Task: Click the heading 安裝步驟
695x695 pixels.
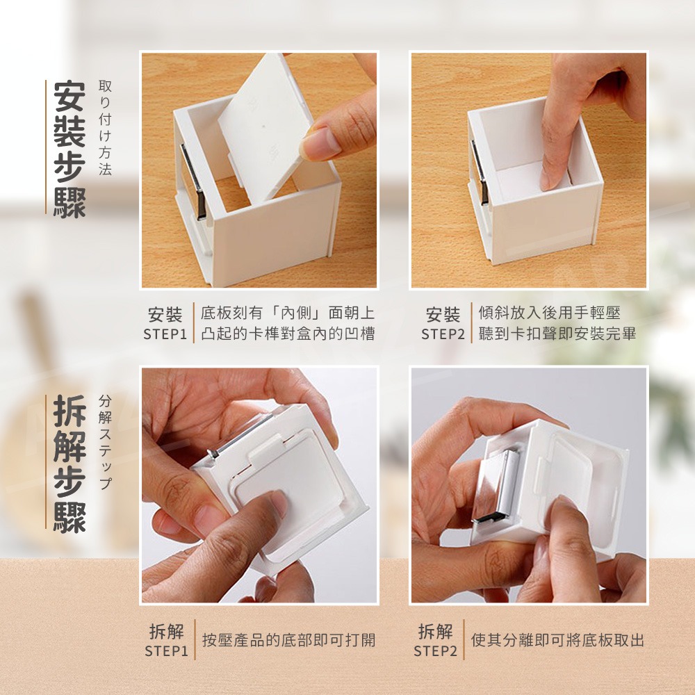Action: (69, 149)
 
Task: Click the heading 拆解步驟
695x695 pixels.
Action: (69, 464)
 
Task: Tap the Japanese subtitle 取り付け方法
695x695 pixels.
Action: (105, 128)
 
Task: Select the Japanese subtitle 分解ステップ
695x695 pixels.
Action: (105, 441)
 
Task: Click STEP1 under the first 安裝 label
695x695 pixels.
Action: (165, 334)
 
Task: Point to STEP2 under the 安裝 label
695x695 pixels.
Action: (443, 334)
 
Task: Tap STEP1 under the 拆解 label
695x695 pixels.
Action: (167, 651)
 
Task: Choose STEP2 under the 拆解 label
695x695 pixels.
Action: (435, 651)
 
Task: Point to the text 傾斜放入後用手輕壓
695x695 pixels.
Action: (550, 313)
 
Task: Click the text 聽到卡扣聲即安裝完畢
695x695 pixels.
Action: (557, 334)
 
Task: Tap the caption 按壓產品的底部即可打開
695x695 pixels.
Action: (289, 640)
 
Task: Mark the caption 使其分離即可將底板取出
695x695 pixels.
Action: (557, 640)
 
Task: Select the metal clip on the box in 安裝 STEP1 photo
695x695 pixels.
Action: (194, 181)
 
